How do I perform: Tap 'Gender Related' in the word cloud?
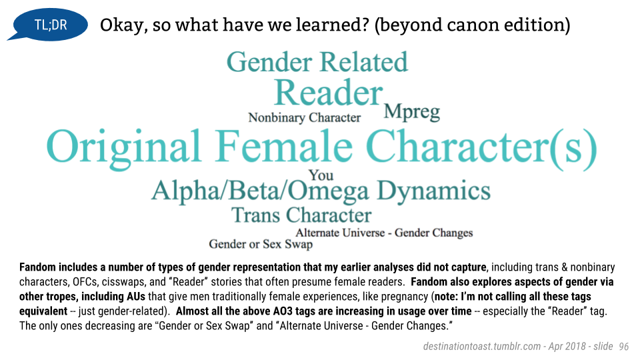click(317, 62)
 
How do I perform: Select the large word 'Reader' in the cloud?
click(329, 93)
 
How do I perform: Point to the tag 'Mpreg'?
click(412, 111)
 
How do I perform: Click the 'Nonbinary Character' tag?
click(305, 117)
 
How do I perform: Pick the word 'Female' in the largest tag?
click(284, 146)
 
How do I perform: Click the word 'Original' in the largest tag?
click(124, 147)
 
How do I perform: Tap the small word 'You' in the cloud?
click(321, 175)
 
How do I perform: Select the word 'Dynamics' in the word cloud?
click(433, 191)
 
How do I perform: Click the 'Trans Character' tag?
click(301, 215)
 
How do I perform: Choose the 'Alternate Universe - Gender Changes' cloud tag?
click(384, 233)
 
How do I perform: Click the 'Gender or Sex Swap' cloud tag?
click(261, 244)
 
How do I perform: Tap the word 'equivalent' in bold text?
click(43, 311)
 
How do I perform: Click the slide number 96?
click(624, 347)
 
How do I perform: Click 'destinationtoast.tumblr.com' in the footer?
click(482, 347)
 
